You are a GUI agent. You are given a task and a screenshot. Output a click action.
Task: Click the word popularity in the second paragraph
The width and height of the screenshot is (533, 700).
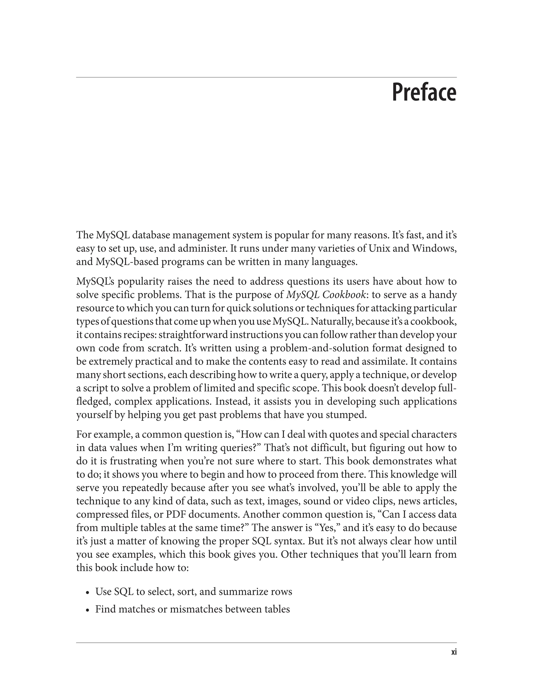tap(141, 282)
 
